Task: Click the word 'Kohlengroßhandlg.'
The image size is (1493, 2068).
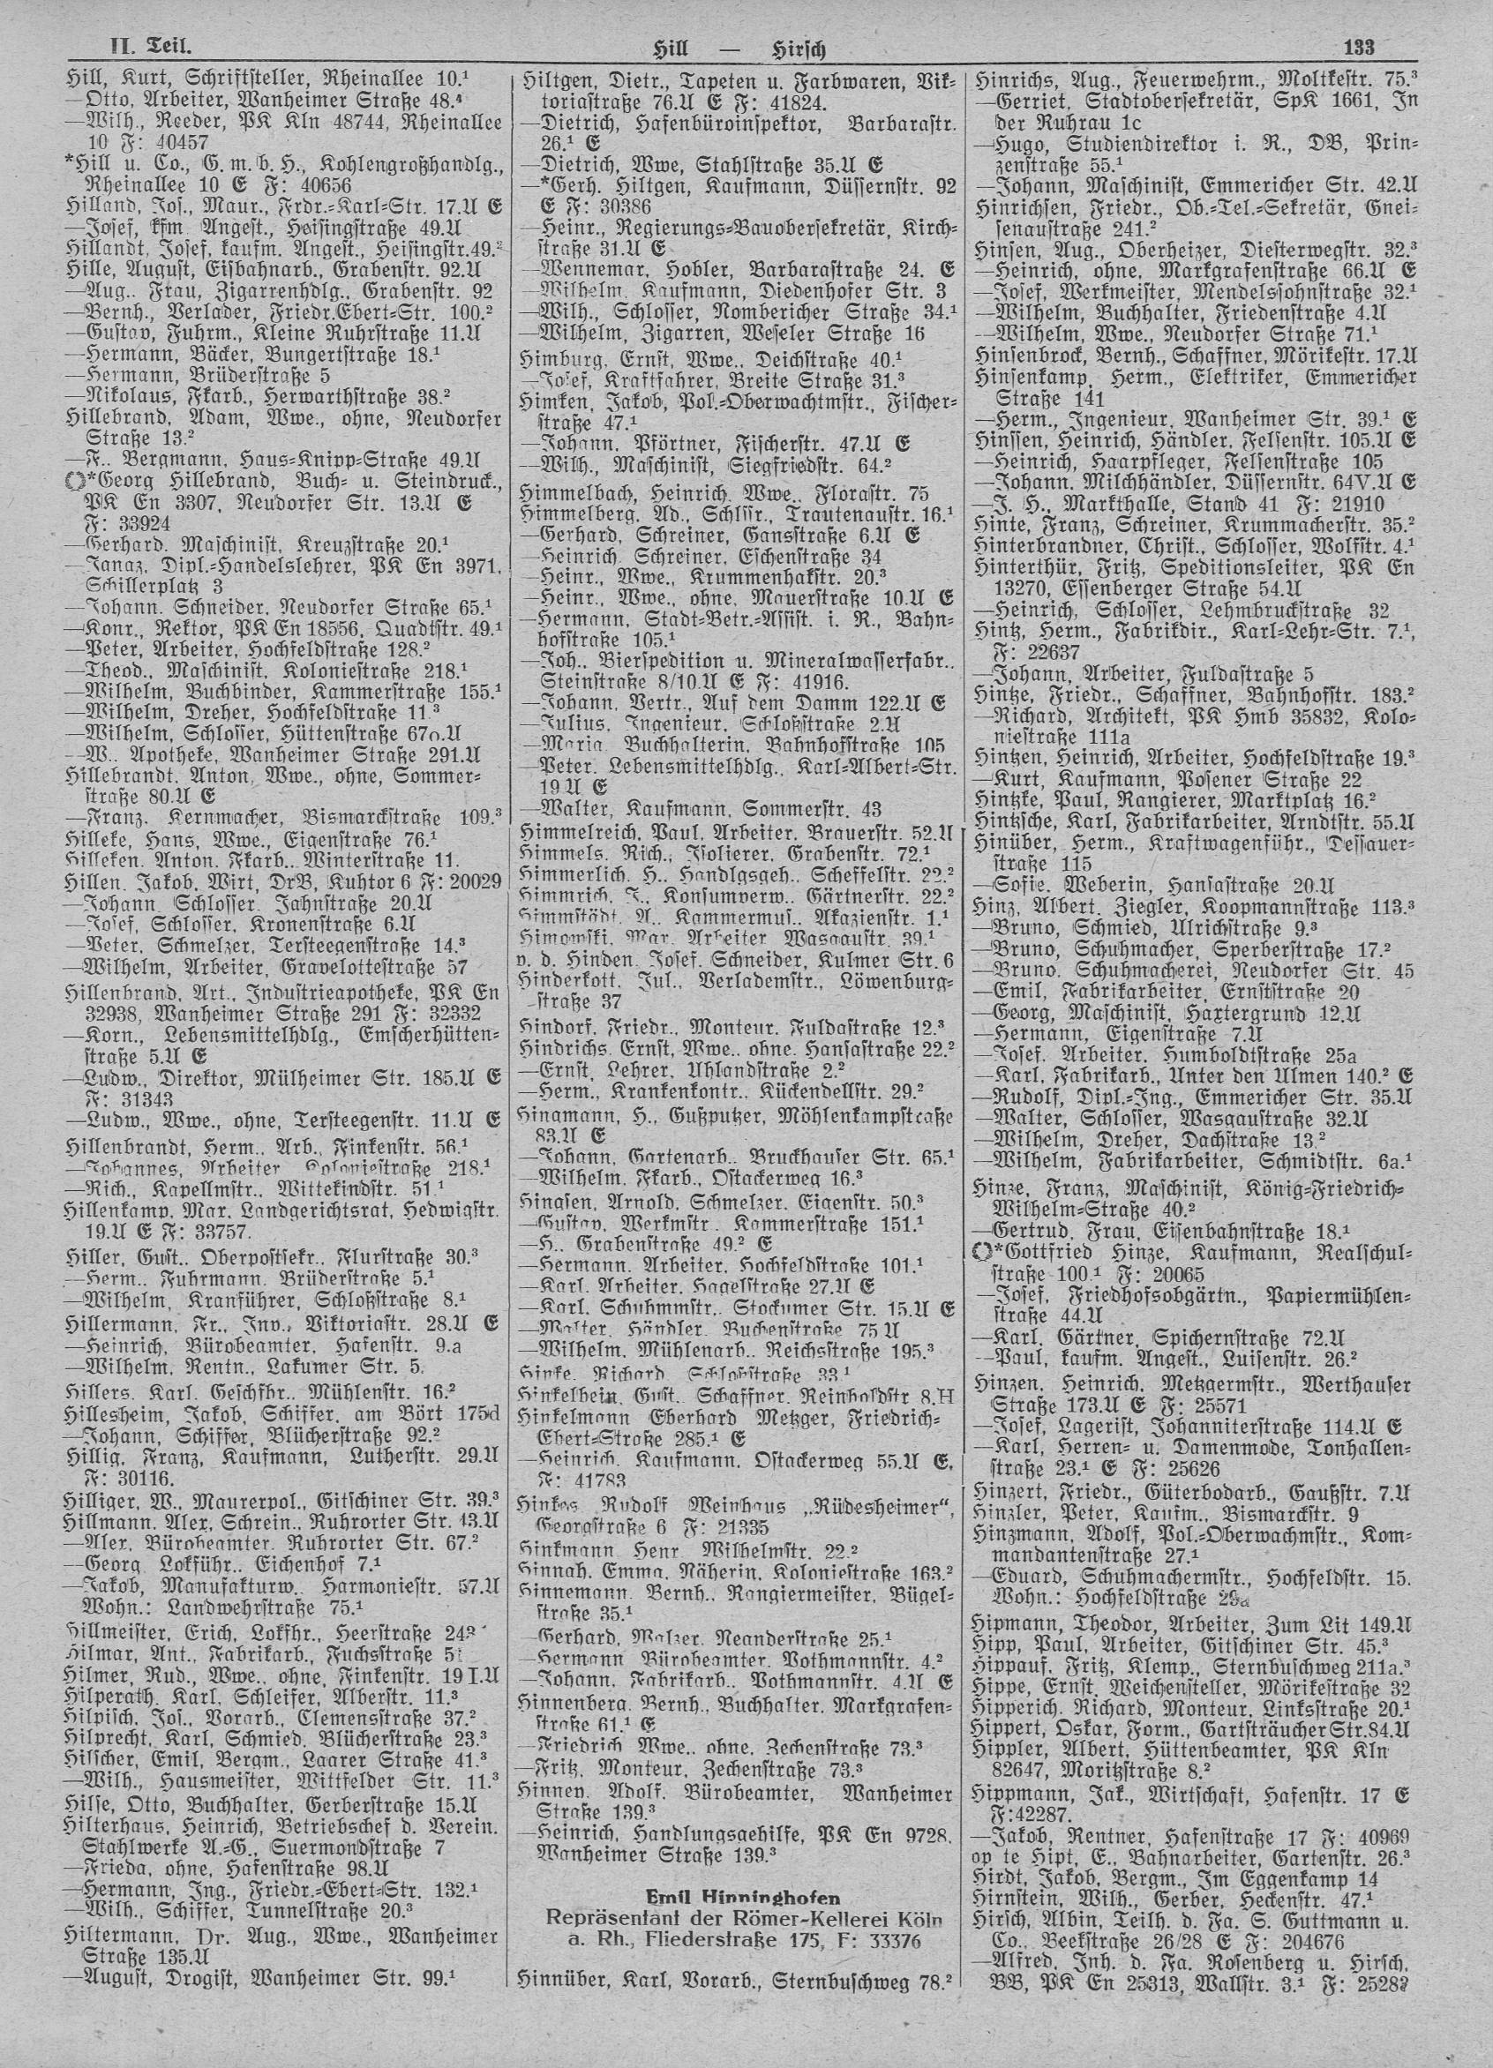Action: (x=432, y=164)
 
